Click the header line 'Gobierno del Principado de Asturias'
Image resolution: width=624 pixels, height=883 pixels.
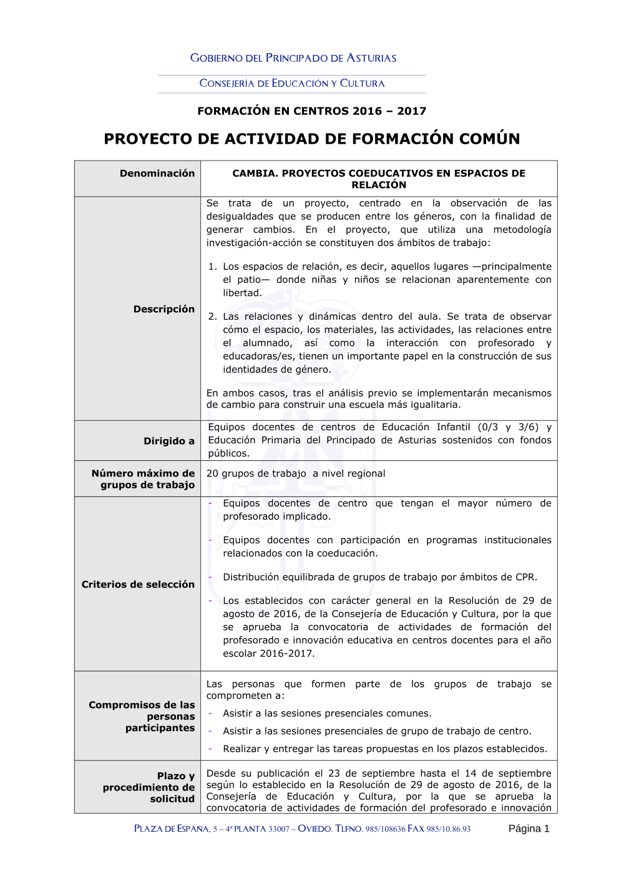pos(293,58)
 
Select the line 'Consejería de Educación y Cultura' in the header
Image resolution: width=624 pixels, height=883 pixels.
pos(292,83)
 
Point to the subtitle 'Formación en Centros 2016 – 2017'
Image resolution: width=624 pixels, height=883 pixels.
pos(311,111)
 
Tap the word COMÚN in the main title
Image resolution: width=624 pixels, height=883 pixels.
pos(489,139)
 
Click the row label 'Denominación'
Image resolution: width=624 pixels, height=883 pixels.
pos(157,174)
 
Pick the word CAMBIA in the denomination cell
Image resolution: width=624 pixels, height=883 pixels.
pos(255,174)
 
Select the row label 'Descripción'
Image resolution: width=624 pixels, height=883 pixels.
pos(164,309)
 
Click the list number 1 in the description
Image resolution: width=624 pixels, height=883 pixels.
pos(212,267)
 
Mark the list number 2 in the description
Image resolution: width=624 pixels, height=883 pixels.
pos(212,317)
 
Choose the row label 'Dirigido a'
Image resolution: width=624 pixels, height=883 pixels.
pos(169,441)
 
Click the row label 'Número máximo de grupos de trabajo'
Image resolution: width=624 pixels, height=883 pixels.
pos(144,479)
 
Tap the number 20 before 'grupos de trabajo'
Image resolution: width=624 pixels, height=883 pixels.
pos(212,473)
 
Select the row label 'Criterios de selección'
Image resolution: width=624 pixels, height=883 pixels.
pos(138,585)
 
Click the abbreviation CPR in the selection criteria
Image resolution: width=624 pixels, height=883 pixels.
pos(525,577)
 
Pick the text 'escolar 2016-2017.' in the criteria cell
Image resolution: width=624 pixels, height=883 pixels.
pos(269,653)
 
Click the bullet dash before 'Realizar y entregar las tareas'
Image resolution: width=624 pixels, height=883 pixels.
pos(210,749)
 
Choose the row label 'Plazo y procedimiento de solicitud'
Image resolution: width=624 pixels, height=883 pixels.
pos(149,787)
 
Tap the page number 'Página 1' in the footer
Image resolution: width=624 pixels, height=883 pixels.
pos(529,829)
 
